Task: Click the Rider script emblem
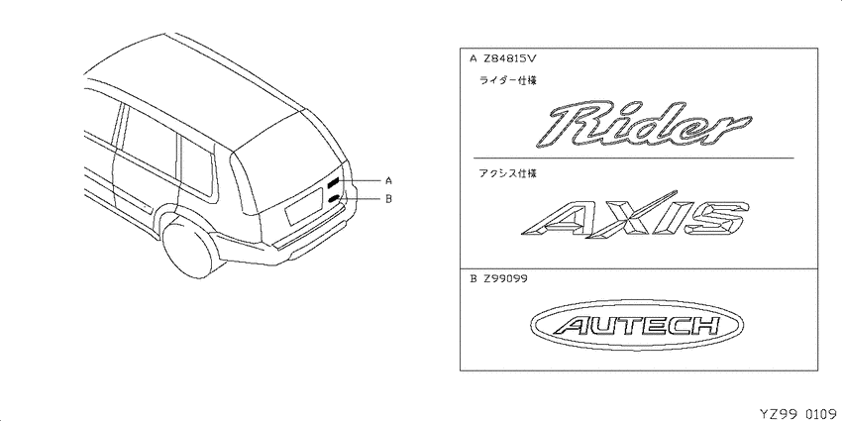click(x=643, y=124)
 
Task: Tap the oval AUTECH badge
click(x=637, y=326)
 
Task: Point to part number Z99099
click(x=505, y=278)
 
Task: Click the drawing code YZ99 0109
click(x=799, y=414)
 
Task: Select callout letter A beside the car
click(x=388, y=180)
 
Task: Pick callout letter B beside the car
click(x=388, y=199)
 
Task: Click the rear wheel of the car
click(x=187, y=251)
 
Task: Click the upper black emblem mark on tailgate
click(x=334, y=182)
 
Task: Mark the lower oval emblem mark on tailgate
click(x=334, y=199)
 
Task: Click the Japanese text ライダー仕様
click(x=507, y=81)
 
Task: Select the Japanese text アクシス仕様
click(x=507, y=173)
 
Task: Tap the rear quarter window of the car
click(x=196, y=164)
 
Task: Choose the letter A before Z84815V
click(x=474, y=58)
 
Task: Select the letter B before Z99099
click(x=474, y=278)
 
